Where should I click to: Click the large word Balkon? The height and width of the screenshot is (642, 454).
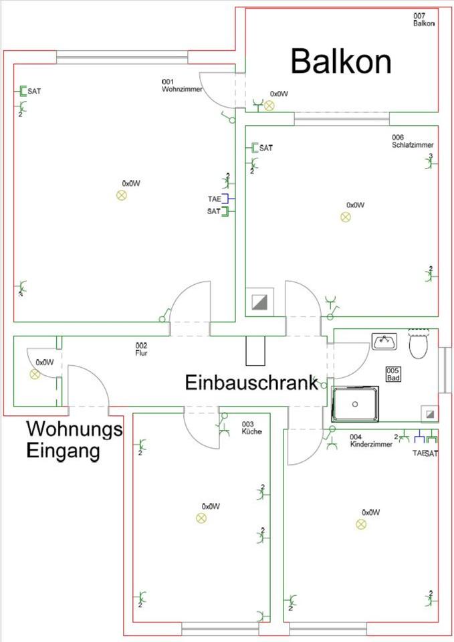click(340, 62)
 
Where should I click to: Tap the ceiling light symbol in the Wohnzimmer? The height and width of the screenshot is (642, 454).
click(122, 195)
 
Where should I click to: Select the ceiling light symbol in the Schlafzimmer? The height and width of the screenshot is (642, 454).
click(346, 217)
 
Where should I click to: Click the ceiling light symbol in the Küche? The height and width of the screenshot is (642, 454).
click(201, 518)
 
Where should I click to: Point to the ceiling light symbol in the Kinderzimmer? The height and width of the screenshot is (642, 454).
click(361, 524)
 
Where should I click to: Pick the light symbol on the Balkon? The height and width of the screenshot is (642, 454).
click(269, 106)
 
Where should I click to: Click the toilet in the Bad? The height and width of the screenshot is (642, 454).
click(418, 344)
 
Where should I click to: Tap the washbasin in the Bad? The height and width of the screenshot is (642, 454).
click(384, 342)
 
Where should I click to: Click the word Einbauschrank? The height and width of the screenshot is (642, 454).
click(251, 383)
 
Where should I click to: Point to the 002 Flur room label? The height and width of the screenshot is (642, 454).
click(140, 349)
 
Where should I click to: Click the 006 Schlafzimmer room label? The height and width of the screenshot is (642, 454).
click(413, 141)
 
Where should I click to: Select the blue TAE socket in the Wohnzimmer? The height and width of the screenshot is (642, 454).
click(226, 199)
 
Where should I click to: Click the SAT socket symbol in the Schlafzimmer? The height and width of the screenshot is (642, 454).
click(255, 148)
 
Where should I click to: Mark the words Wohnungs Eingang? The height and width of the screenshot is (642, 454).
click(74, 439)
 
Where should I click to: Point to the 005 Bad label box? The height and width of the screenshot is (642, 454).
click(393, 374)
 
